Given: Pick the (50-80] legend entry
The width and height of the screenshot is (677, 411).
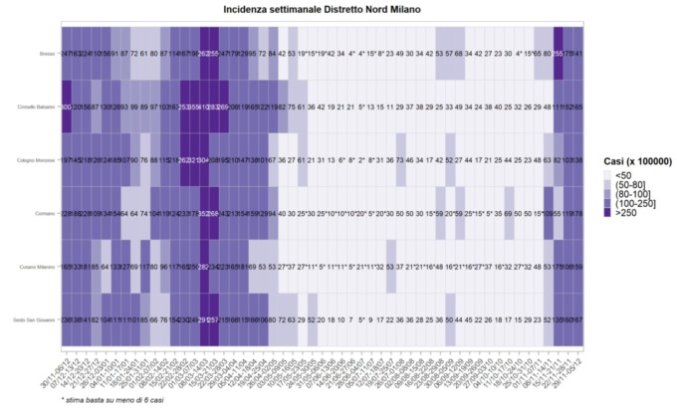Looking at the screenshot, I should [x=625, y=185].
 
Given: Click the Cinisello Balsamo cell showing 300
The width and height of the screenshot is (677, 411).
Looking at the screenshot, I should [x=67, y=105].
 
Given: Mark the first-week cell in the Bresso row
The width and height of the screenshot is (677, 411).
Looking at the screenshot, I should [x=67, y=53].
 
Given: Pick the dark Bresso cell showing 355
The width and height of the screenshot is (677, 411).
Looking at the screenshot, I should [x=559, y=53].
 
